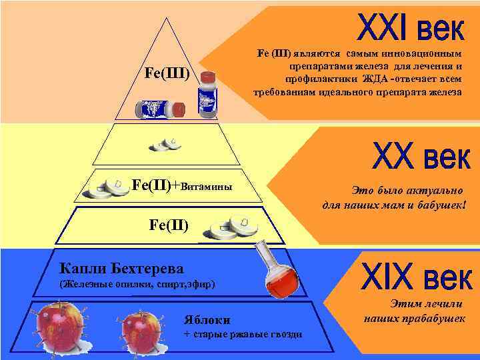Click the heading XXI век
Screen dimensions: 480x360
pos(410,28)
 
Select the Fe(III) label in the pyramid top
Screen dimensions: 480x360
pos(167,72)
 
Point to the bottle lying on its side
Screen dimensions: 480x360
pos(160,108)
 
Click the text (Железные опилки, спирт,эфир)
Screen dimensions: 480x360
pos(137,284)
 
